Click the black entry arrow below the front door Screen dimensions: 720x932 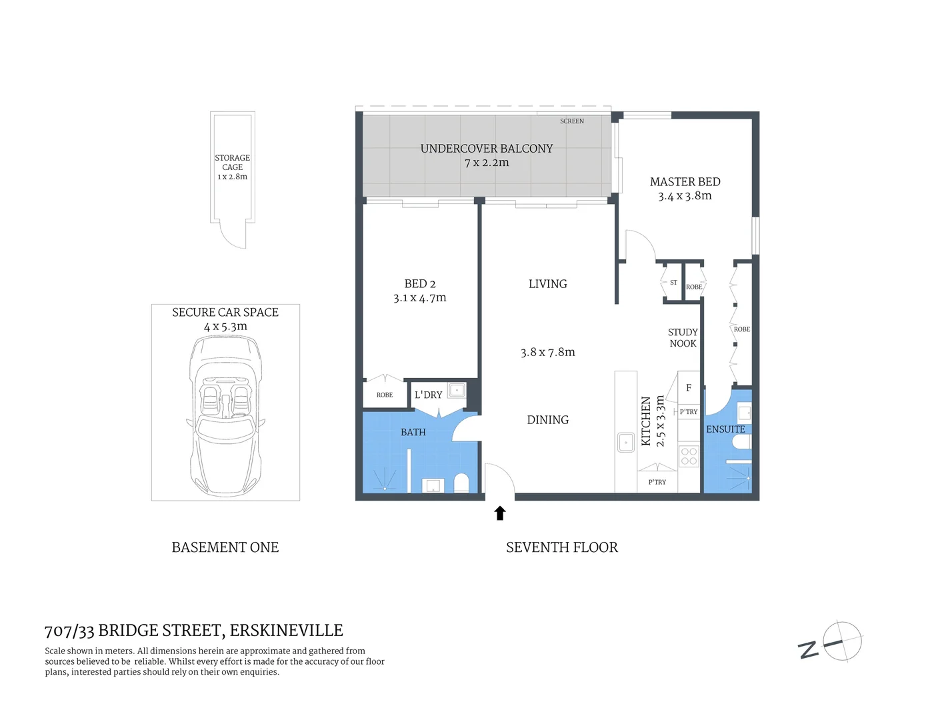coord(500,513)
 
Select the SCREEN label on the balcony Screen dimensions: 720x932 coord(571,121)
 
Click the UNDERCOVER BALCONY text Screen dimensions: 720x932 coord(487,149)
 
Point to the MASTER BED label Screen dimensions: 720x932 coord(685,182)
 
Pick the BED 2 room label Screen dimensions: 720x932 coord(420,284)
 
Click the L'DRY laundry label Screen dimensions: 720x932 coord(428,395)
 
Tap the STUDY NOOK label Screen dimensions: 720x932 coord(683,338)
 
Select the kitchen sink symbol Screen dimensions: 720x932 coord(626,442)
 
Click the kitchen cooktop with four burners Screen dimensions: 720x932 coord(689,457)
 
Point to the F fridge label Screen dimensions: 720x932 coord(689,388)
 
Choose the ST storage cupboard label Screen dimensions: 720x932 coord(673,283)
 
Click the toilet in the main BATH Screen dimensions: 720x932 coord(461,482)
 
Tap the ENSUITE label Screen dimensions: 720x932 coord(725,429)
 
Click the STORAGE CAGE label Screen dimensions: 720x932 coord(232,163)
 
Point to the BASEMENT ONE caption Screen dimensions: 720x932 coord(225,547)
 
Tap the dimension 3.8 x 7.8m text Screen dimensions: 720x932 coord(547,352)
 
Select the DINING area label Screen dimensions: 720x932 coord(547,420)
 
